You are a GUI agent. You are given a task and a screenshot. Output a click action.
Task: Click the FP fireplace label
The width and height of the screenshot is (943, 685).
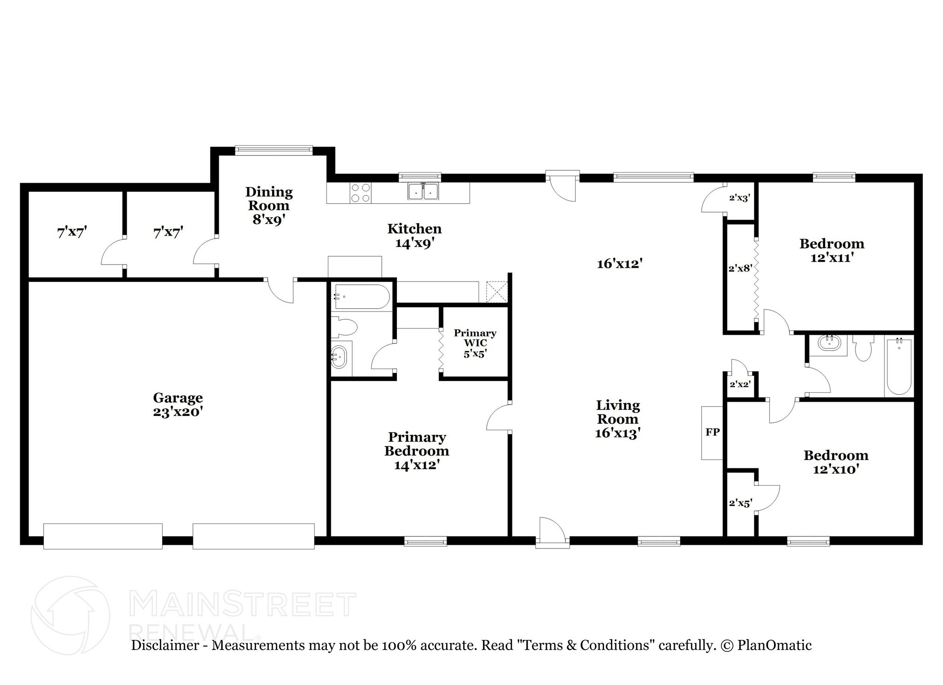(x=712, y=432)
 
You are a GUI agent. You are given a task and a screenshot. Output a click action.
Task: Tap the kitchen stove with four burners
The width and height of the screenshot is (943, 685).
(x=360, y=193)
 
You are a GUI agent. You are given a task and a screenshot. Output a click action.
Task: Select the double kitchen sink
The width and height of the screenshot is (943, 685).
(x=424, y=191)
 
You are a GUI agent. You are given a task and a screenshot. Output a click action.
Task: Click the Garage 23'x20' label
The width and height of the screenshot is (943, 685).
(x=178, y=404)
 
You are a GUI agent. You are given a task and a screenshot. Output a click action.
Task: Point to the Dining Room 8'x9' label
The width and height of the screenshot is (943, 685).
(x=269, y=205)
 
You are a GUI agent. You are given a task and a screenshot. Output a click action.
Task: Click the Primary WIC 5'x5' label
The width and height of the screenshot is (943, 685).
(x=475, y=343)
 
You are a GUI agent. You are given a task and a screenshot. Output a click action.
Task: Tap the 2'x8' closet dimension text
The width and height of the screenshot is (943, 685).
(x=740, y=268)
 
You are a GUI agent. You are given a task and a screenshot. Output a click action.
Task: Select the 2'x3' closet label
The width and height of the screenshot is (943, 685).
(x=739, y=198)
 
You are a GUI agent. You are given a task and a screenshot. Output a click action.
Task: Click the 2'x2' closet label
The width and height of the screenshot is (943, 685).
(x=740, y=384)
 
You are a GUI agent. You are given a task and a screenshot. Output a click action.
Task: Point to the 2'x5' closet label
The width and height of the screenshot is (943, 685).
(x=740, y=503)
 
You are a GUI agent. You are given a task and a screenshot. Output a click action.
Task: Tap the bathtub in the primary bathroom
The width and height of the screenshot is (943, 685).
(x=362, y=297)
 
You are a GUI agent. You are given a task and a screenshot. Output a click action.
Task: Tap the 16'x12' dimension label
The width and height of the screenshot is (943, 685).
(x=619, y=264)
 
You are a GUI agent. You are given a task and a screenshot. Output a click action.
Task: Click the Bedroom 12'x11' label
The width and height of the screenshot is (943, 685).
(x=832, y=250)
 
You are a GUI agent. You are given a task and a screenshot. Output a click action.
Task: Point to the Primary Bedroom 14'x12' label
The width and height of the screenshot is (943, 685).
(x=416, y=450)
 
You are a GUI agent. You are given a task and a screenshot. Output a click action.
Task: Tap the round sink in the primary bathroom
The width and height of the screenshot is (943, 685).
(x=338, y=357)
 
